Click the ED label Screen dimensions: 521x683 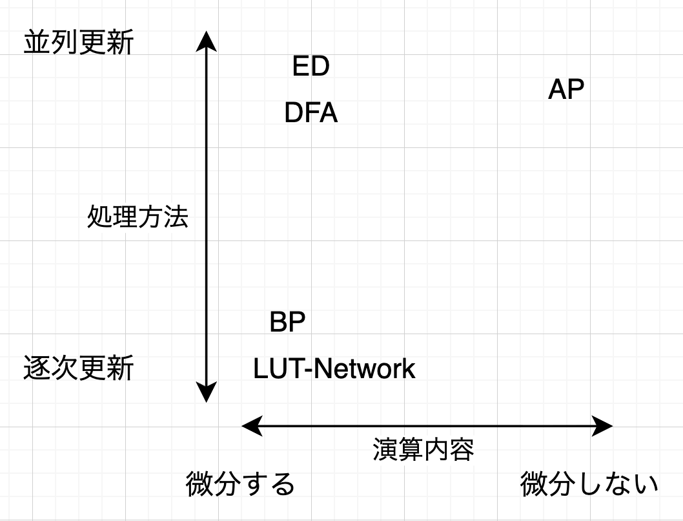(x=311, y=67)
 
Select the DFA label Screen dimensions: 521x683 (x=311, y=113)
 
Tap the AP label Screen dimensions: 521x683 (x=566, y=90)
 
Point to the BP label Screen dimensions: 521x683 (x=287, y=322)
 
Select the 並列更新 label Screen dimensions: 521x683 (x=78, y=43)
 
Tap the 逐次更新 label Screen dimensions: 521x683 (x=78, y=368)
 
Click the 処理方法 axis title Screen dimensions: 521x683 (x=138, y=218)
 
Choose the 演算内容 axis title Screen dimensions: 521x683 (x=423, y=449)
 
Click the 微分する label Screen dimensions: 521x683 (x=240, y=485)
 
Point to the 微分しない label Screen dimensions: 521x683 (x=589, y=485)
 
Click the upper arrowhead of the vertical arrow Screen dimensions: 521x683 (x=206, y=39)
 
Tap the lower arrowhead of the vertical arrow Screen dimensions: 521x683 (x=206, y=393)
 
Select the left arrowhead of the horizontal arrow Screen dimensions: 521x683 (x=250, y=425)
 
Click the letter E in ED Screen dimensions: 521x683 (x=301, y=67)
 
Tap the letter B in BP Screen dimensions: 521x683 (x=279, y=322)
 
